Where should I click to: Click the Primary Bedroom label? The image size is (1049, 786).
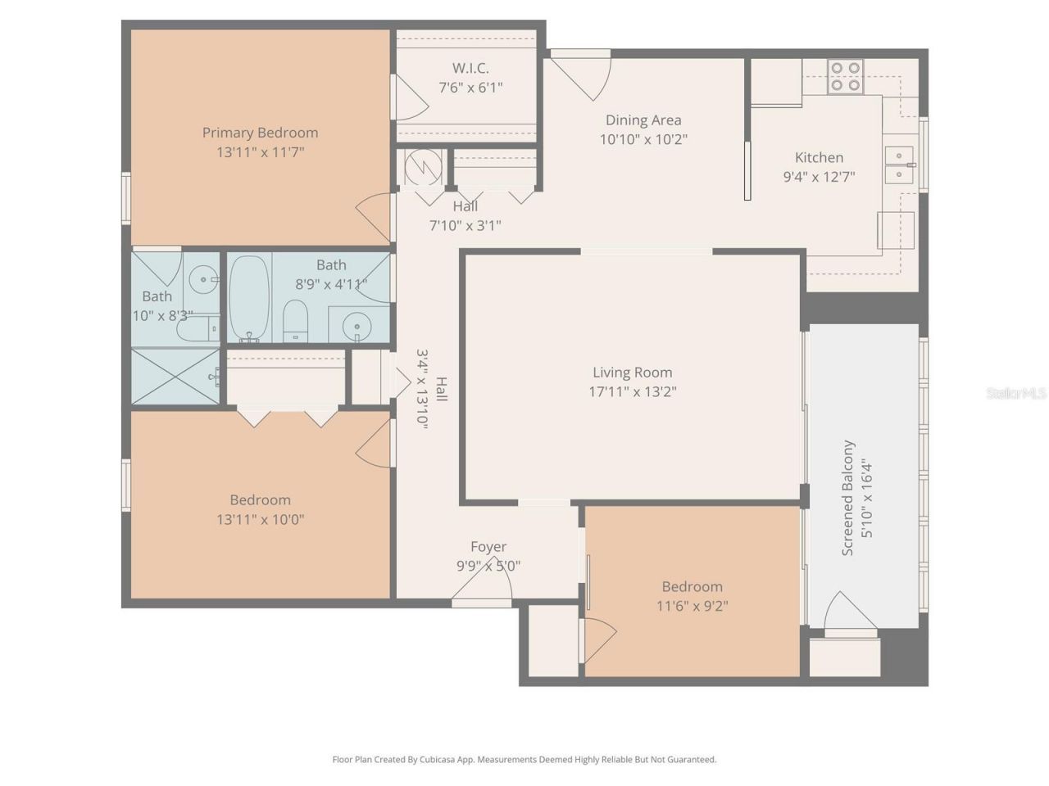[x=260, y=133]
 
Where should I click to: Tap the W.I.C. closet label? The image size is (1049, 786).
[x=470, y=68]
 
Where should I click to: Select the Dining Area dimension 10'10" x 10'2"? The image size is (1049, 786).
[x=643, y=139]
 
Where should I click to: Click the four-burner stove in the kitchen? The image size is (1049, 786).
[x=845, y=76]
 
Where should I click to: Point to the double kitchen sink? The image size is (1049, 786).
[x=899, y=165]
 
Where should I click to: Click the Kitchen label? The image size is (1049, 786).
[x=819, y=158]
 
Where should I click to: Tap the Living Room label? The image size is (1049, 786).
[x=632, y=373]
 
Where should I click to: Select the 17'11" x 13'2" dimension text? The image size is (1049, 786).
[x=632, y=392]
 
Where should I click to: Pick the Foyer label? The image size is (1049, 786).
[x=488, y=547]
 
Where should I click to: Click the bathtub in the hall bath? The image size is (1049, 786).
[x=248, y=298]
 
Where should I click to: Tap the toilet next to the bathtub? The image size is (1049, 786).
[x=295, y=320]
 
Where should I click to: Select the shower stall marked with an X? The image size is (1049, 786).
[x=176, y=376]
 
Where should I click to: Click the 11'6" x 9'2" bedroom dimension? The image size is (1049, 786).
[x=692, y=607]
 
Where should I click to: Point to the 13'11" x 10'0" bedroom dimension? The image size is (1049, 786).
[x=260, y=519]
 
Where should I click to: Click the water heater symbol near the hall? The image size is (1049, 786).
[x=423, y=167]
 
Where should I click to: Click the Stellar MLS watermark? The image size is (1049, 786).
[x=1016, y=393]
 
